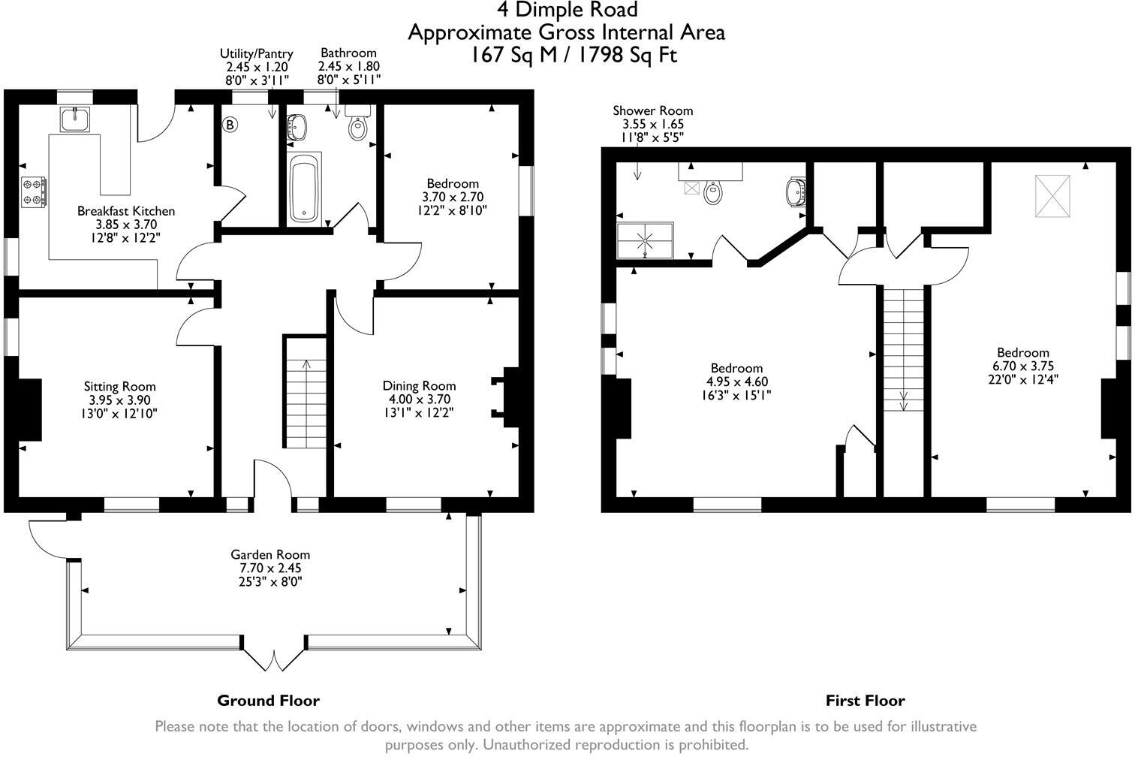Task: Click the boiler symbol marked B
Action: pyautogui.click(x=230, y=125)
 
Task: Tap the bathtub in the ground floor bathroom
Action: pyautogui.click(x=305, y=189)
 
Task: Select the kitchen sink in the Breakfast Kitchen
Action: pyautogui.click(x=74, y=119)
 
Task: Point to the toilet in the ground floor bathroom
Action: pyautogui.click(x=358, y=126)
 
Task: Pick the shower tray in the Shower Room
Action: pyautogui.click(x=645, y=240)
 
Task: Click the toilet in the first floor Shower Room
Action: pyautogui.click(x=712, y=192)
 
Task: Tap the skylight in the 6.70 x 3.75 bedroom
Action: pyautogui.click(x=1052, y=197)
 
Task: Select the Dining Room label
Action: pyautogui.click(x=419, y=386)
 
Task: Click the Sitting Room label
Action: pyautogui.click(x=120, y=387)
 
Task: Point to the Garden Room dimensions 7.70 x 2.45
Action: pyautogui.click(x=270, y=569)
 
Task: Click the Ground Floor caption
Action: pyautogui.click(x=268, y=701)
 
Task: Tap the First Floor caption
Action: pyautogui.click(x=865, y=701)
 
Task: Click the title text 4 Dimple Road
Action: pyautogui.click(x=567, y=10)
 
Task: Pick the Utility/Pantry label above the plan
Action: pyautogui.click(x=256, y=53)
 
